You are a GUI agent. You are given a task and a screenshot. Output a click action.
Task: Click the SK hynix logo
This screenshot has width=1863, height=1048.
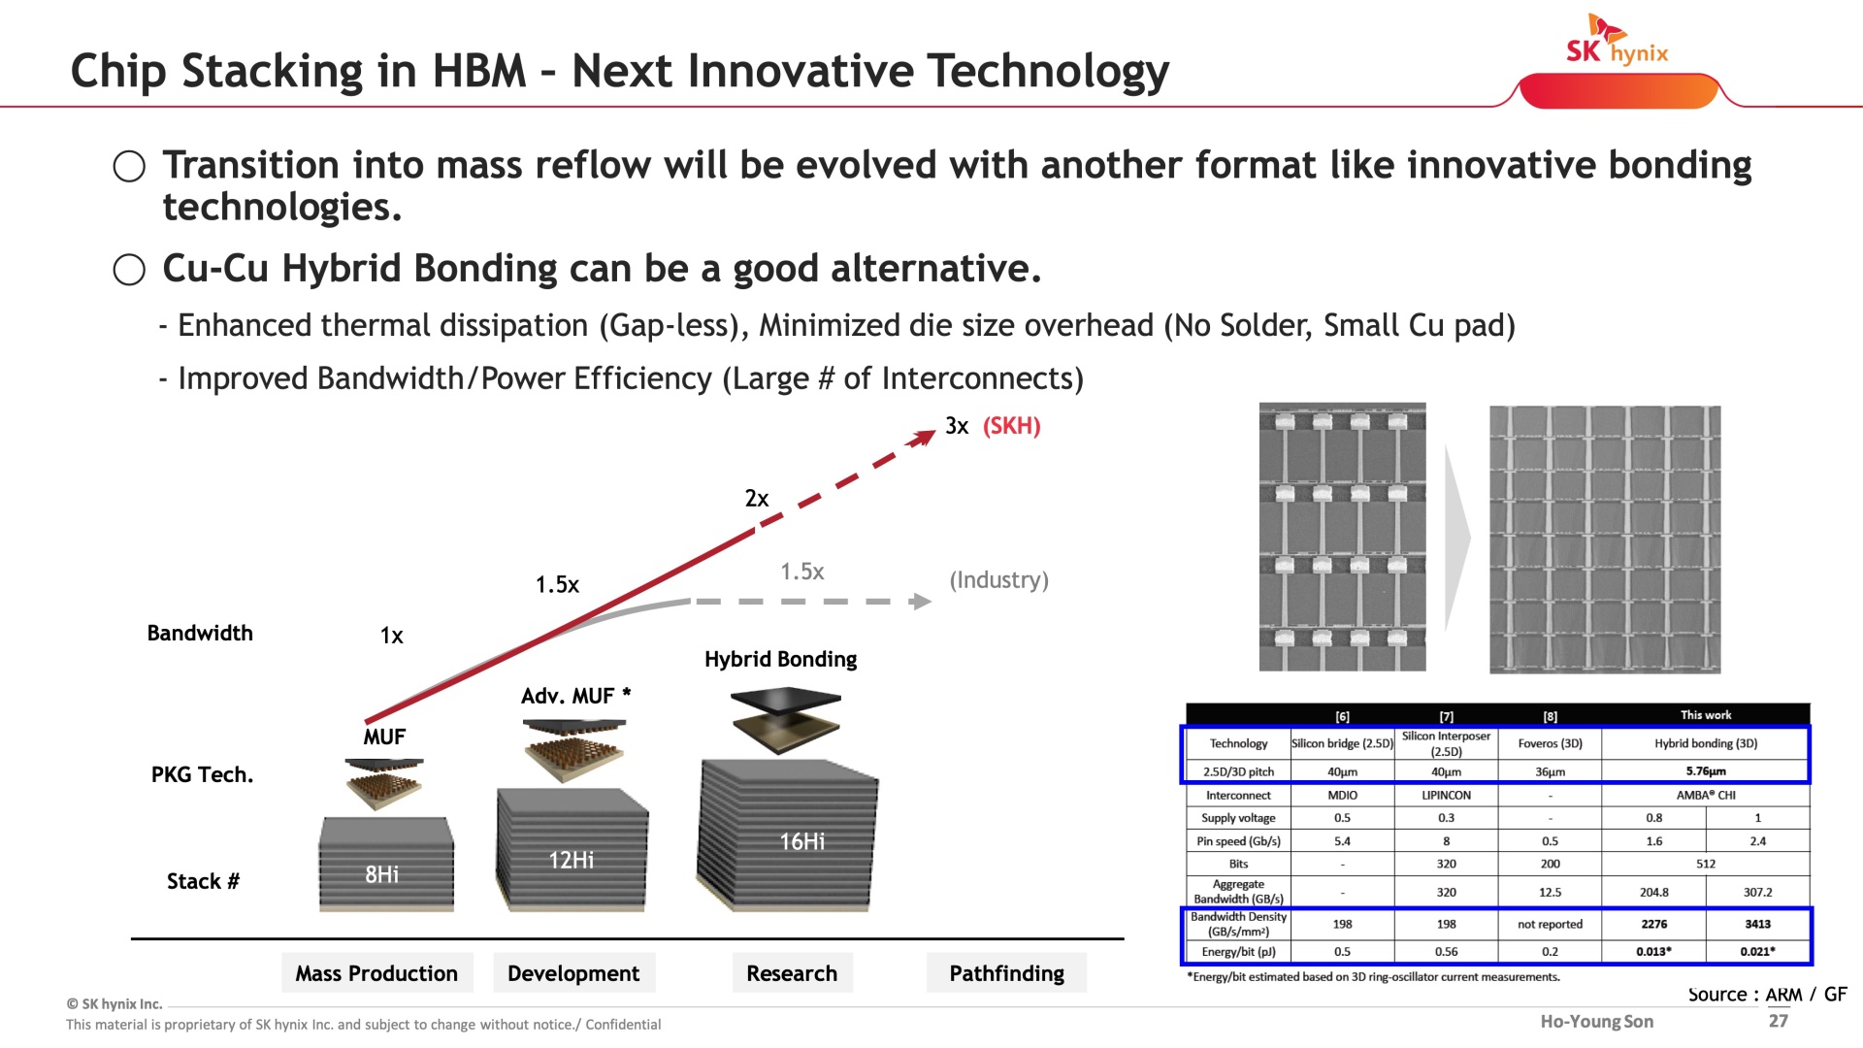click(1617, 40)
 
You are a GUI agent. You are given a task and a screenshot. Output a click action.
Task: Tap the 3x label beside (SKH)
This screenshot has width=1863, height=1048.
click(957, 426)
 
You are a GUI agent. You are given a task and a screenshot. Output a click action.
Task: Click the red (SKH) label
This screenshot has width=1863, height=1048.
click(1011, 426)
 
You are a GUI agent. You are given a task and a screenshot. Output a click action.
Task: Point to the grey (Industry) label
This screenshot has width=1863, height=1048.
click(998, 580)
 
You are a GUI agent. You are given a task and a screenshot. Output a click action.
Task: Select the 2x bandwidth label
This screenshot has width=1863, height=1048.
click(757, 499)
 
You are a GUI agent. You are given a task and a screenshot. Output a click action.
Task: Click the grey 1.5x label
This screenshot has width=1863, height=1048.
click(802, 572)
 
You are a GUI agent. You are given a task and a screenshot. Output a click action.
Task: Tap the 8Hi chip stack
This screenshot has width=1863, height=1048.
click(386, 864)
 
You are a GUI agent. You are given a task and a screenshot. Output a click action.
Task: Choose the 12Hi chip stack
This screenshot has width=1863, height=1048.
click(572, 849)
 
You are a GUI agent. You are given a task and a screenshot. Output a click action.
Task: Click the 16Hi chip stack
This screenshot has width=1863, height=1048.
click(787, 835)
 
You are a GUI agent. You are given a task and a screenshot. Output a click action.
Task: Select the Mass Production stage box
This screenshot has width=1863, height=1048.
click(376, 973)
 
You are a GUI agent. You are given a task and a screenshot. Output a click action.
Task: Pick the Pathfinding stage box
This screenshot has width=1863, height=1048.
click(1006, 973)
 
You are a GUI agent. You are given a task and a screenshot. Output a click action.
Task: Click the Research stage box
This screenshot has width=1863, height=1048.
click(792, 973)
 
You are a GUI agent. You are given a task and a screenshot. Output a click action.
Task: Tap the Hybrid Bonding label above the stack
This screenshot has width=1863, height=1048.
click(781, 660)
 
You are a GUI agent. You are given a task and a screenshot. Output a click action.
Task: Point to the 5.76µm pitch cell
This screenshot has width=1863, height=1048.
click(1706, 771)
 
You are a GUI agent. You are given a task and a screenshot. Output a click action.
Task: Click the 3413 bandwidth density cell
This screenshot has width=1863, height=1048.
click(1758, 925)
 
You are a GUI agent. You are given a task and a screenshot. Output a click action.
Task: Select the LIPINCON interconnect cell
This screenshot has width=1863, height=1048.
click(1446, 796)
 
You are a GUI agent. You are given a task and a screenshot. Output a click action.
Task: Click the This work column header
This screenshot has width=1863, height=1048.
click(1706, 715)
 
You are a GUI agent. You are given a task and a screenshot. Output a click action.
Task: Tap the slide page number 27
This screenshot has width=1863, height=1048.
click(1778, 1021)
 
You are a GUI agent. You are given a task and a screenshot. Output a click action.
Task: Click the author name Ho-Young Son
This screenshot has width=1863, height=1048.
click(1597, 1021)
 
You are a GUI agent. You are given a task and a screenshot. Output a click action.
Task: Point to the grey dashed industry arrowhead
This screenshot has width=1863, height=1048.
click(921, 602)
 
